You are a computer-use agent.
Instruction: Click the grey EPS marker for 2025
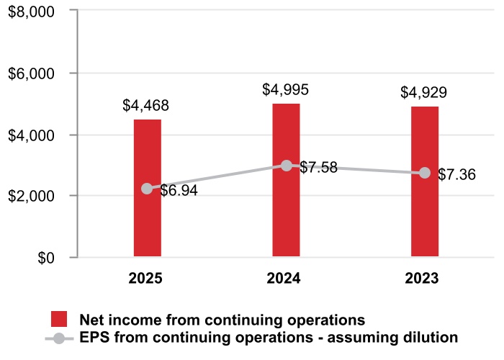coord(147,189)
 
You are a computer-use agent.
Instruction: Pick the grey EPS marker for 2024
coord(287,166)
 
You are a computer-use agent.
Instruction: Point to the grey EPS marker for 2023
coord(425,173)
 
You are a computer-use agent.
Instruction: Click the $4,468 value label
coord(146,106)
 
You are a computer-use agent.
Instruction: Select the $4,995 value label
coord(286,90)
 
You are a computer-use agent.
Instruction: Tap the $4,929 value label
coord(425,93)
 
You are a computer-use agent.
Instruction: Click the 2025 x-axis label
coord(147,279)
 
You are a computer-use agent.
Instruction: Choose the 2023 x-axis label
coord(425,279)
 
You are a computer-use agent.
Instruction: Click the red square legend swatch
coord(59,320)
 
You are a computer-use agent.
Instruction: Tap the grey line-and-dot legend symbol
coord(59,337)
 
